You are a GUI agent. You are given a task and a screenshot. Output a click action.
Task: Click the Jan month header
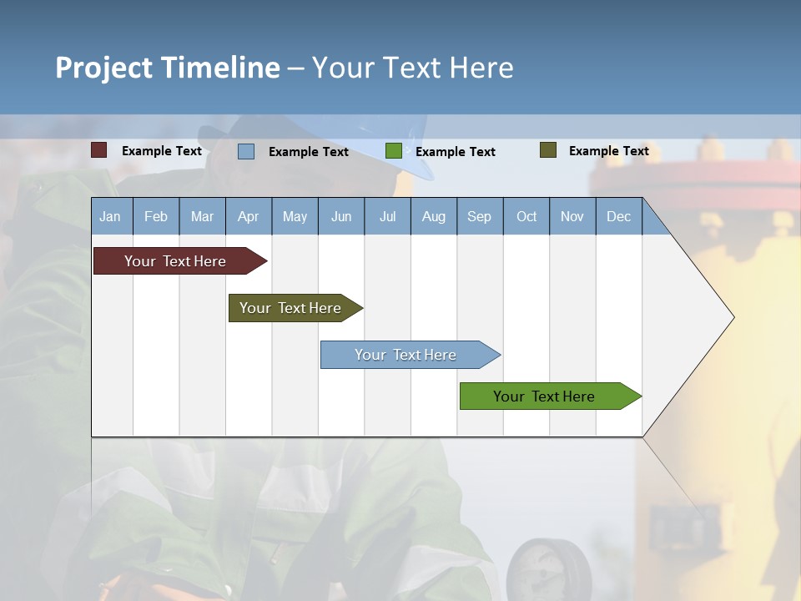(x=110, y=216)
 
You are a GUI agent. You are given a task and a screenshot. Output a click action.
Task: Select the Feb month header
(x=156, y=216)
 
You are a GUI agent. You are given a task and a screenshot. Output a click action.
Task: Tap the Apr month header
(x=248, y=216)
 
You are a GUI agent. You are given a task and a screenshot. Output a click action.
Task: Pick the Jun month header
(x=341, y=216)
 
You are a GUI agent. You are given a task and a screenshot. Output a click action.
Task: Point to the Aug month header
(x=434, y=216)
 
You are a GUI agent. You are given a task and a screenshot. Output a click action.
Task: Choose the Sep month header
(x=480, y=216)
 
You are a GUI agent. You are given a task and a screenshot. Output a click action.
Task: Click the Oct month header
(x=526, y=216)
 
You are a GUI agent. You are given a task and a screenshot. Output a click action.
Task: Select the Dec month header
(x=619, y=216)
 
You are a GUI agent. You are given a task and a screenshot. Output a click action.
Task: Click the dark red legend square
(x=99, y=150)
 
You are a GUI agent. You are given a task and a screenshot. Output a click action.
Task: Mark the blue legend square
(x=246, y=151)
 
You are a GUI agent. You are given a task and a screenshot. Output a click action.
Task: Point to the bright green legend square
(x=394, y=151)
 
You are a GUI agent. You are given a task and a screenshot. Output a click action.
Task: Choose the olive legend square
(x=548, y=150)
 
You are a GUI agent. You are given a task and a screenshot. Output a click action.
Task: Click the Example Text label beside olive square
(x=608, y=151)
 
